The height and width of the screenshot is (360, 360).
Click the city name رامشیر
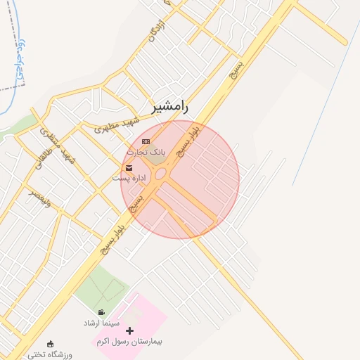170,107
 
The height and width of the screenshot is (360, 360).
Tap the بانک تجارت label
146,152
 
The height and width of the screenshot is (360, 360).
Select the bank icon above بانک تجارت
146,142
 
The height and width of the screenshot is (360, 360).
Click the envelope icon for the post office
129,168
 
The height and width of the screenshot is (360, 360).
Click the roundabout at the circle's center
161,173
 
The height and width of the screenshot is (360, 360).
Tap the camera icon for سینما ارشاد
102,312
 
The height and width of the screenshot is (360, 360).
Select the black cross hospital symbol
129,330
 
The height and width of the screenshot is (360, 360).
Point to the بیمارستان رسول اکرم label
129,341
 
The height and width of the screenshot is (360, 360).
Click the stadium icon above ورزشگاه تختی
50,345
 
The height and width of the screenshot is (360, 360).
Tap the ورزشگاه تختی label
50,354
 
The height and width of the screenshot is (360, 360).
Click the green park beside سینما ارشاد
98,288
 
